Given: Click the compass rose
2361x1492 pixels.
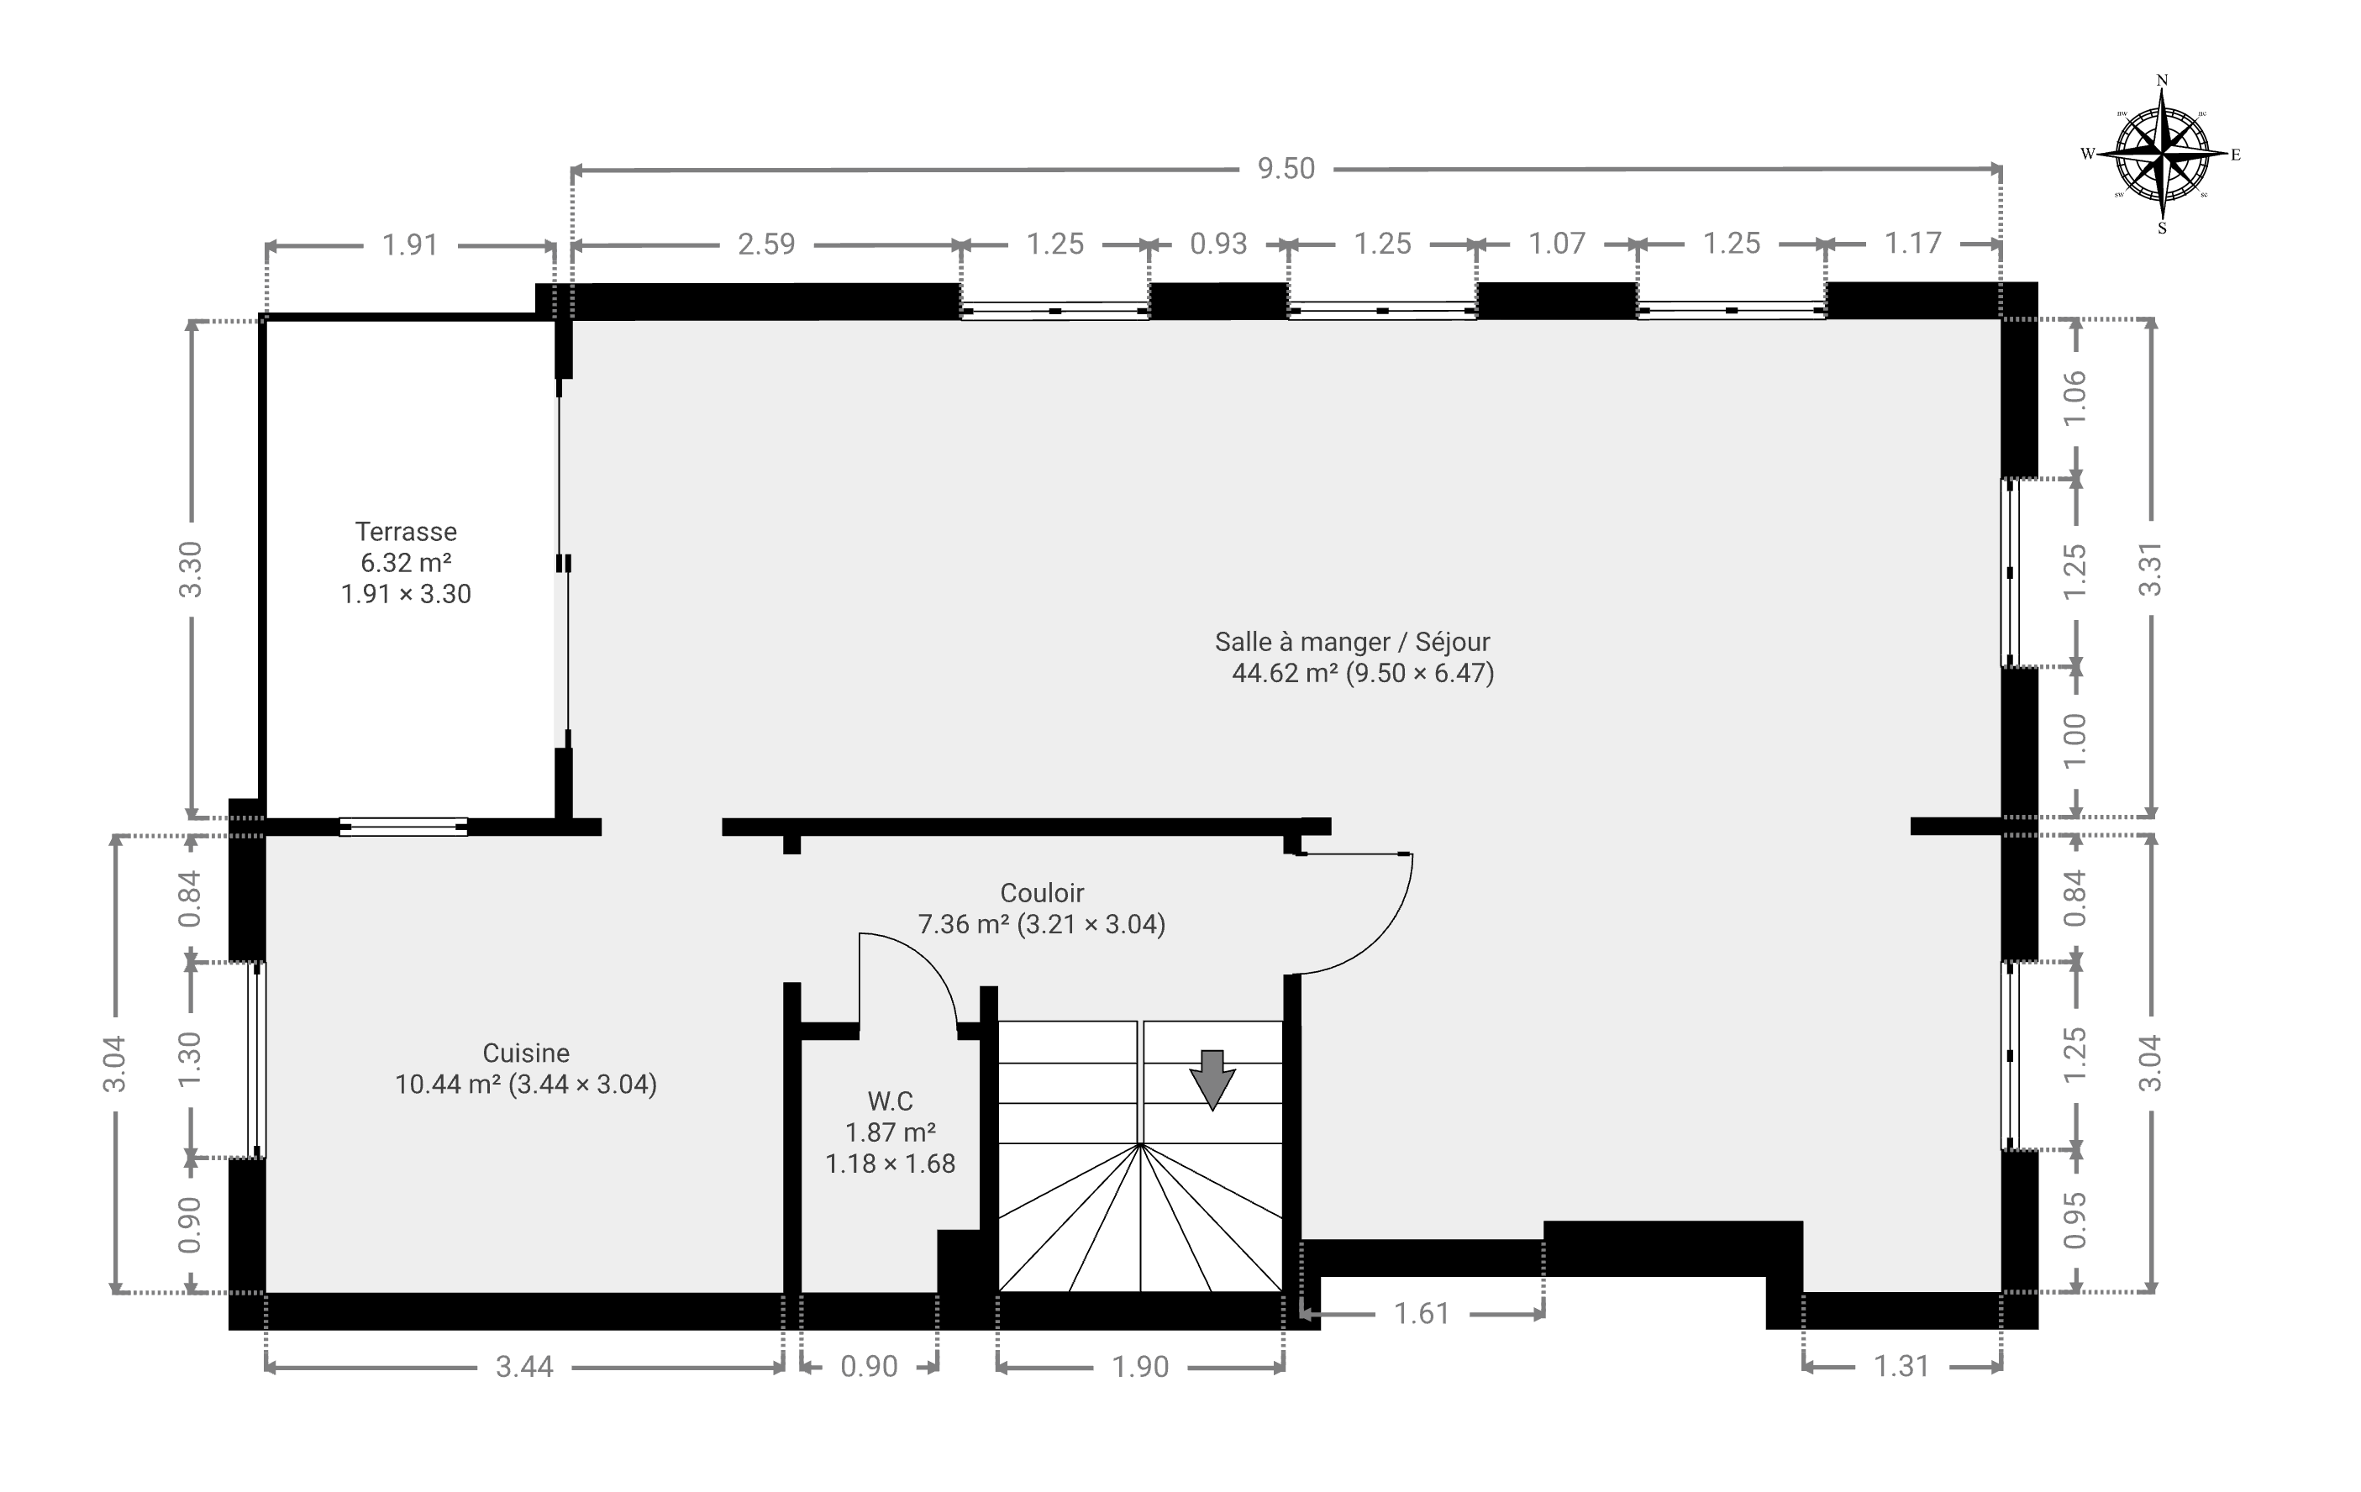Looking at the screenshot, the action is [2162, 154].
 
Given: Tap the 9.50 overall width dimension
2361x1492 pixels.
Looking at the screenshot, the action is [1286, 169].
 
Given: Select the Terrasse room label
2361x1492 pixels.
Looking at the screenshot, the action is [406, 531].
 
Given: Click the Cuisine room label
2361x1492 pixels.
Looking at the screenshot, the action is [525, 1053].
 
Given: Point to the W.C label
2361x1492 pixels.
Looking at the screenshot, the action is [891, 1101].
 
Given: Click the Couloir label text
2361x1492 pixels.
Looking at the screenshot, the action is [1042, 893].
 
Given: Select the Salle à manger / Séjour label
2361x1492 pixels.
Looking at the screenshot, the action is [1352, 642].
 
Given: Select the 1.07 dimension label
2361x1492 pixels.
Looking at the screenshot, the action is [1557, 243].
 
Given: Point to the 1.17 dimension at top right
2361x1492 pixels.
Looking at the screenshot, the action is [1913, 243].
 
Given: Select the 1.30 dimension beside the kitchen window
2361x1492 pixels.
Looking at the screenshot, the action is [189, 1059].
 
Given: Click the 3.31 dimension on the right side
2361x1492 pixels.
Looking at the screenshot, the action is [2150, 569].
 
